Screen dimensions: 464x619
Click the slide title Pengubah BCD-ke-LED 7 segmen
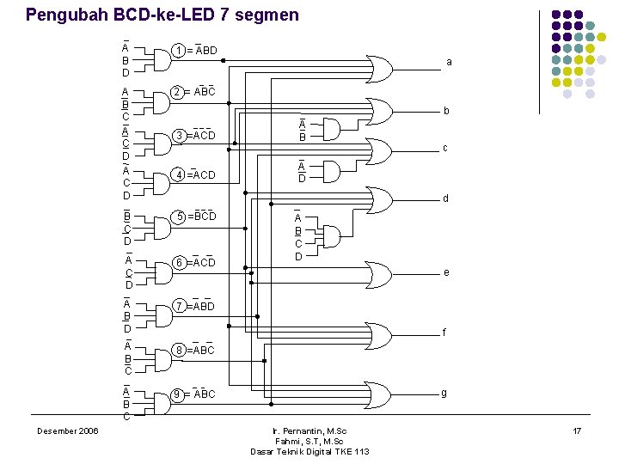[x=162, y=15]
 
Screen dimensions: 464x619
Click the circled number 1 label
[x=177, y=51]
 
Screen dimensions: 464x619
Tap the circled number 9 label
[x=177, y=394]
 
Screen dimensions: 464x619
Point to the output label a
[x=449, y=62]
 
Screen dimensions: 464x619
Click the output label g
[x=444, y=393]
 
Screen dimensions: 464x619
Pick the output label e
[x=445, y=272]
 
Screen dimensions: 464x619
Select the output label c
[x=444, y=148]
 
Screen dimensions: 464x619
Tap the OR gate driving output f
[x=378, y=333]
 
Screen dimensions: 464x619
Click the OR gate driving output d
[x=379, y=198]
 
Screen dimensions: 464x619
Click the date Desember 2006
[x=67, y=430]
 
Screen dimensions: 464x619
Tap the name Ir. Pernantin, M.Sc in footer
[x=309, y=430]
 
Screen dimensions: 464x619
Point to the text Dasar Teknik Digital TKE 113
[x=309, y=452]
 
